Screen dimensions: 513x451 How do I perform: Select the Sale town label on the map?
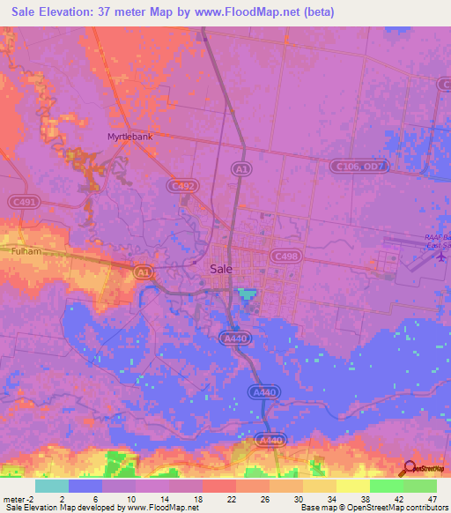(x=222, y=270)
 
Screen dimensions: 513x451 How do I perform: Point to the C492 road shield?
(x=182, y=186)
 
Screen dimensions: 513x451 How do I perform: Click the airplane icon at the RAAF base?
(x=441, y=256)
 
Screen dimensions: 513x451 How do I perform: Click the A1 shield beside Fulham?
(x=144, y=273)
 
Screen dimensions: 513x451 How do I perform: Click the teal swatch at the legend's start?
(x=51, y=486)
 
